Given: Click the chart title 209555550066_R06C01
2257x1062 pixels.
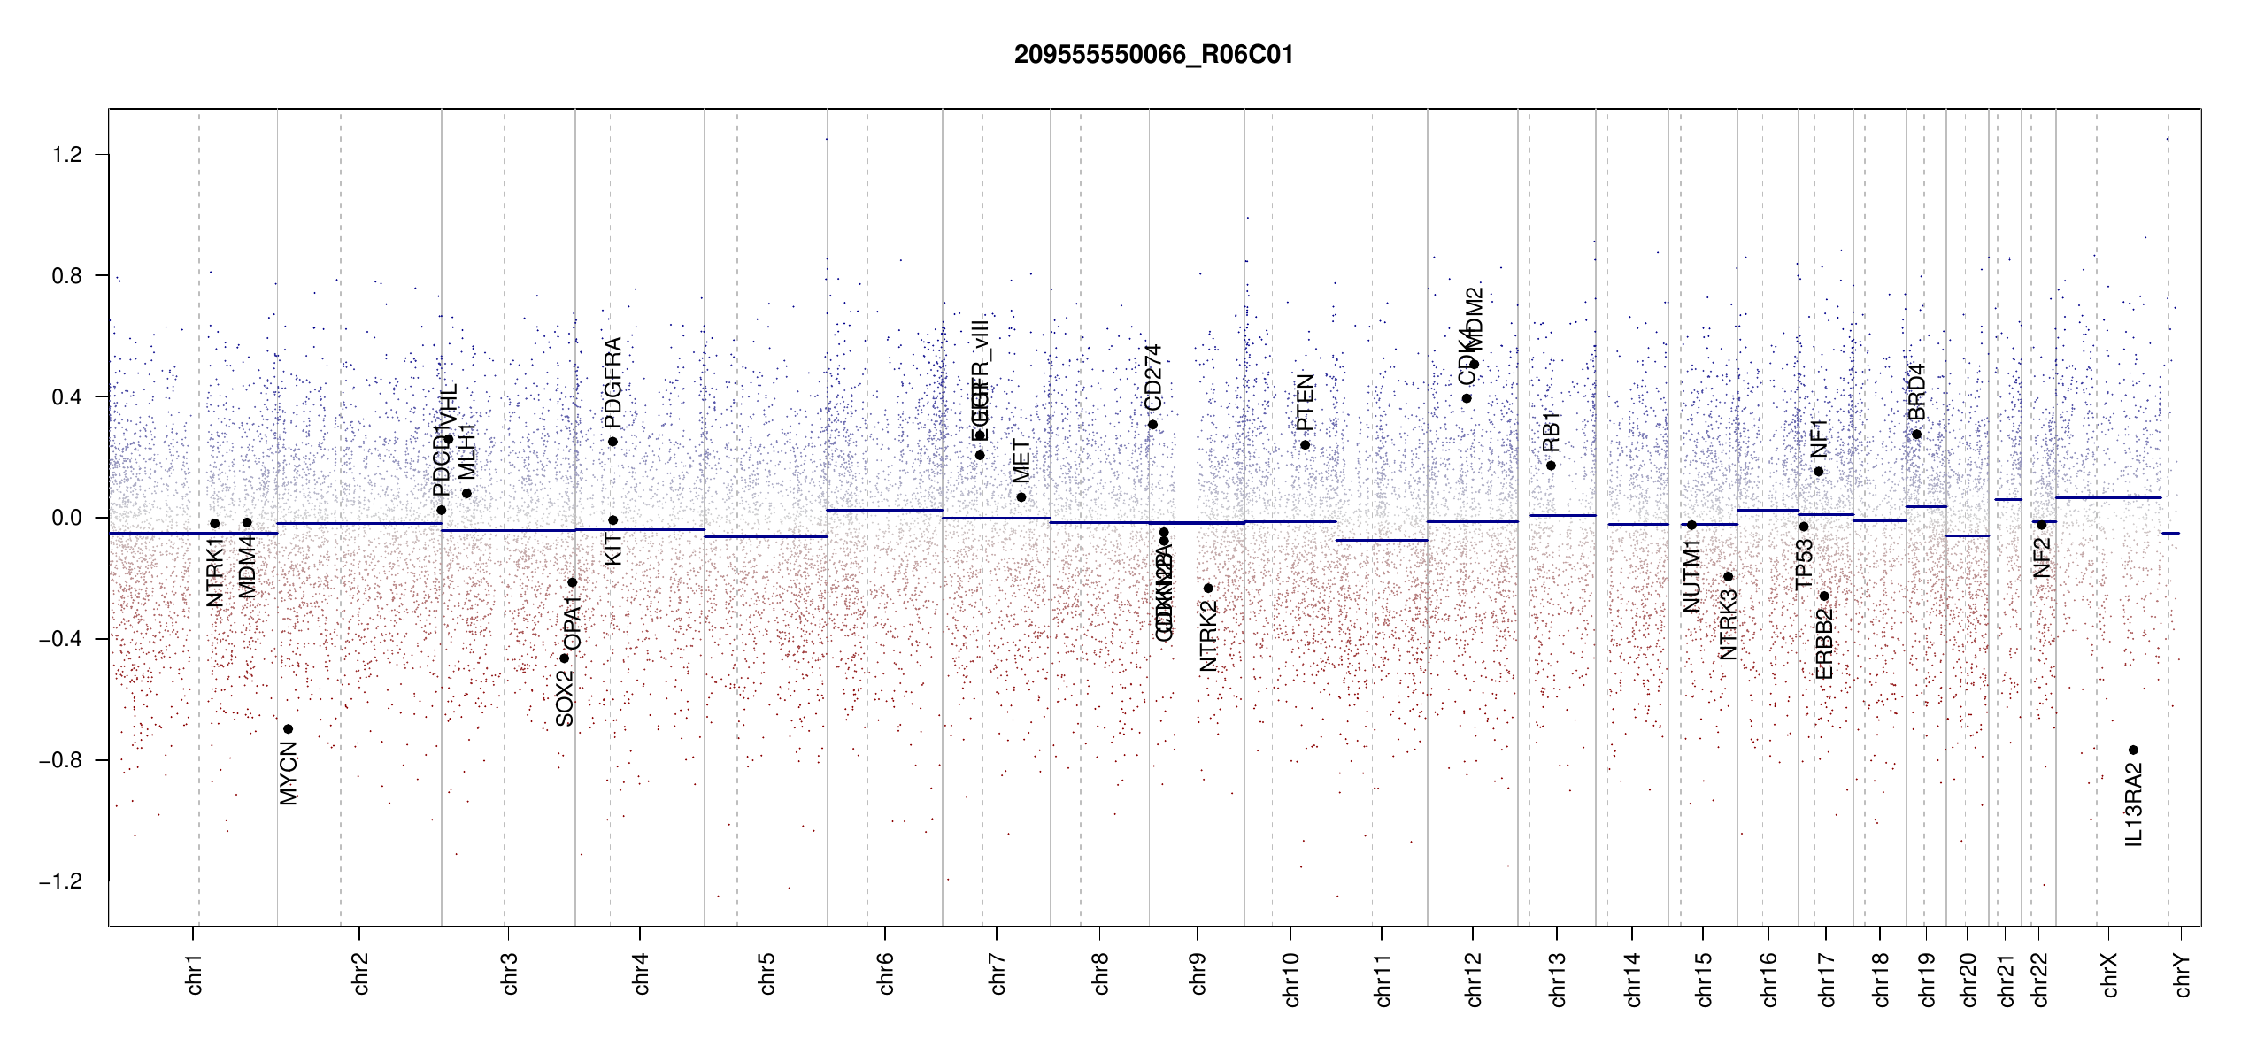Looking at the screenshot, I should (x=1153, y=55).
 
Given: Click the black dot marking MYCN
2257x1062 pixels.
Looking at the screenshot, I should (x=288, y=729).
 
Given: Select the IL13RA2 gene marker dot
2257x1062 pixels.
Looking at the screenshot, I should (x=2133, y=750).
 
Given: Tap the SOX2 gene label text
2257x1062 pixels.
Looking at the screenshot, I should (x=565, y=698).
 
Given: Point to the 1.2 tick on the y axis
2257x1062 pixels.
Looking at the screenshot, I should (x=66, y=155).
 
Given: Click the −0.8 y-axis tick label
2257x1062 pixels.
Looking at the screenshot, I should (x=61, y=760).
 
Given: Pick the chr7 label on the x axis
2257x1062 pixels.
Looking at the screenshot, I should (x=998, y=973).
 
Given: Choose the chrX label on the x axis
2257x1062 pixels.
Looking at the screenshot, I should (x=2109, y=974).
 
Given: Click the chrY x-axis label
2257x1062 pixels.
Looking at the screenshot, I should (x=2182, y=974).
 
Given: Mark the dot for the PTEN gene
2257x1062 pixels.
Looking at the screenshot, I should (x=1305, y=445).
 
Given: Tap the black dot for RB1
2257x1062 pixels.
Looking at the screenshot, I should (x=1551, y=466).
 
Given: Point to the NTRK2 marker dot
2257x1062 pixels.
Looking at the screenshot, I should (x=1208, y=589).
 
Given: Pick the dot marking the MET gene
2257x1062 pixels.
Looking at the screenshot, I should (x=1021, y=497).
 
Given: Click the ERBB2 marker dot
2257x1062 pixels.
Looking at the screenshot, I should (x=1824, y=596).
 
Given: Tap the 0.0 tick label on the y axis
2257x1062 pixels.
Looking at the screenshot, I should (x=66, y=518).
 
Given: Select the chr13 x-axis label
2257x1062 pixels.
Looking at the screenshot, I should (x=1558, y=979).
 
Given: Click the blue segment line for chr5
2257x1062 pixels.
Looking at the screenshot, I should (x=766, y=537).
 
